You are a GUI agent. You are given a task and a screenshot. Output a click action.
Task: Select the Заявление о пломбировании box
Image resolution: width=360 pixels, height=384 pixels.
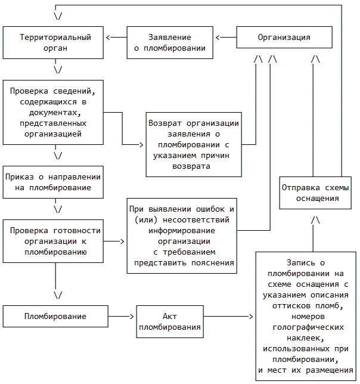click(170, 43)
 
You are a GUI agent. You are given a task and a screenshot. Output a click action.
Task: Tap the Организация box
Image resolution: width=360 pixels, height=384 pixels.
click(284, 37)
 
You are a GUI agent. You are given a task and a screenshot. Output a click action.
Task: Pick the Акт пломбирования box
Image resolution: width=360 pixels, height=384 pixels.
click(170, 322)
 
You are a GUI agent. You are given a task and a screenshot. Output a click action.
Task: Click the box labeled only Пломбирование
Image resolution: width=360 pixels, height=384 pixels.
click(55, 317)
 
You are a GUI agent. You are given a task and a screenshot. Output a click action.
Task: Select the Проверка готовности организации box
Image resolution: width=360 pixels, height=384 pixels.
click(55, 241)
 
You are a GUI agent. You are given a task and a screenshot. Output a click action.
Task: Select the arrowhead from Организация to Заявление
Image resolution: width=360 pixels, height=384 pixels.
click(218, 38)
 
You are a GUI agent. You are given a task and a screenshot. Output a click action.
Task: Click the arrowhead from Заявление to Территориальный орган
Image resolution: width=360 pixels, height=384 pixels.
click(108, 38)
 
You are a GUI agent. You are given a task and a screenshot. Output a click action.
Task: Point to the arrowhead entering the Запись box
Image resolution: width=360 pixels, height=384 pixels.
click(252, 317)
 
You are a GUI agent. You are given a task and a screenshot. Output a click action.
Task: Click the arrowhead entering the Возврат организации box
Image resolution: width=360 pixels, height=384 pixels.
click(142, 144)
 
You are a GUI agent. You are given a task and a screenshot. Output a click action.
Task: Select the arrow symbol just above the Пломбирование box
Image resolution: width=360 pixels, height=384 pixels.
click(58, 295)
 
